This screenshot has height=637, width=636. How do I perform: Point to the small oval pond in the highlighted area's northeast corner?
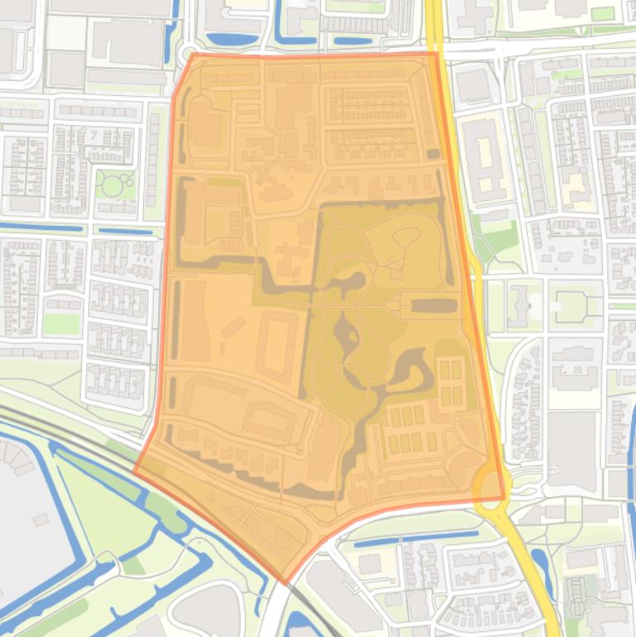pyautogui.click(x=433, y=153)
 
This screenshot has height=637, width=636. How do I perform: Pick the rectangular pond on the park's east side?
pyautogui.click(x=434, y=305)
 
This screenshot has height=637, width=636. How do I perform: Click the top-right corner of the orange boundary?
pyautogui.click(x=436, y=54)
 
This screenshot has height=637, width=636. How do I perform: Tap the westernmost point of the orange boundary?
pyautogui.click(x=134, y=471)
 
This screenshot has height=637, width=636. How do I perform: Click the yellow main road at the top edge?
pyautogui.click(x=433, y=21)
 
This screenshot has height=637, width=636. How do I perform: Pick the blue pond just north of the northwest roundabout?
pyautogui.click(x=221, y=38)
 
